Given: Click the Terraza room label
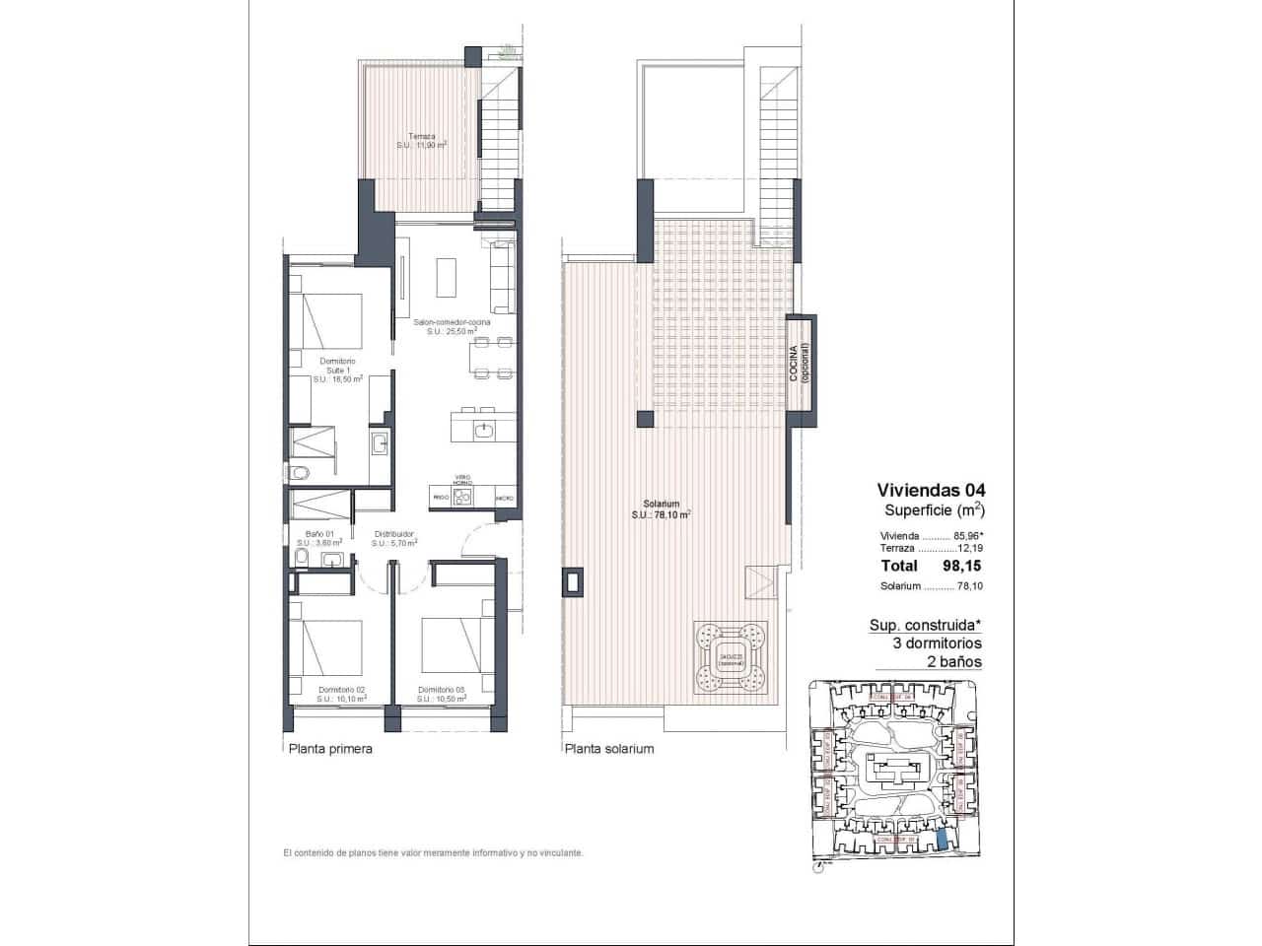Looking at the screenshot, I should pyautogui.click(x=422, y=141).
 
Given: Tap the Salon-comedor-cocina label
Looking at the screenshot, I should pyautogui.click(x=453, y=327).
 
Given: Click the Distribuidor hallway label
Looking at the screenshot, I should pyautogui.click(x=394, y=537).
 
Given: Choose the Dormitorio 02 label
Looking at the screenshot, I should pyautogui.click(x=341, y=694).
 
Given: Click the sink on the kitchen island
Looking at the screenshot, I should pyautogui.click(x=483, y=429).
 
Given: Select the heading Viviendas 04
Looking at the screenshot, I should pyautogui.click(x=931, y=490).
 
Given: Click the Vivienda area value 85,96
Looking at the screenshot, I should pyautogui.click(x=967, y=536).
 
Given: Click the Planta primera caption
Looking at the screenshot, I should pyautogui.click(x=330, y=749).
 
